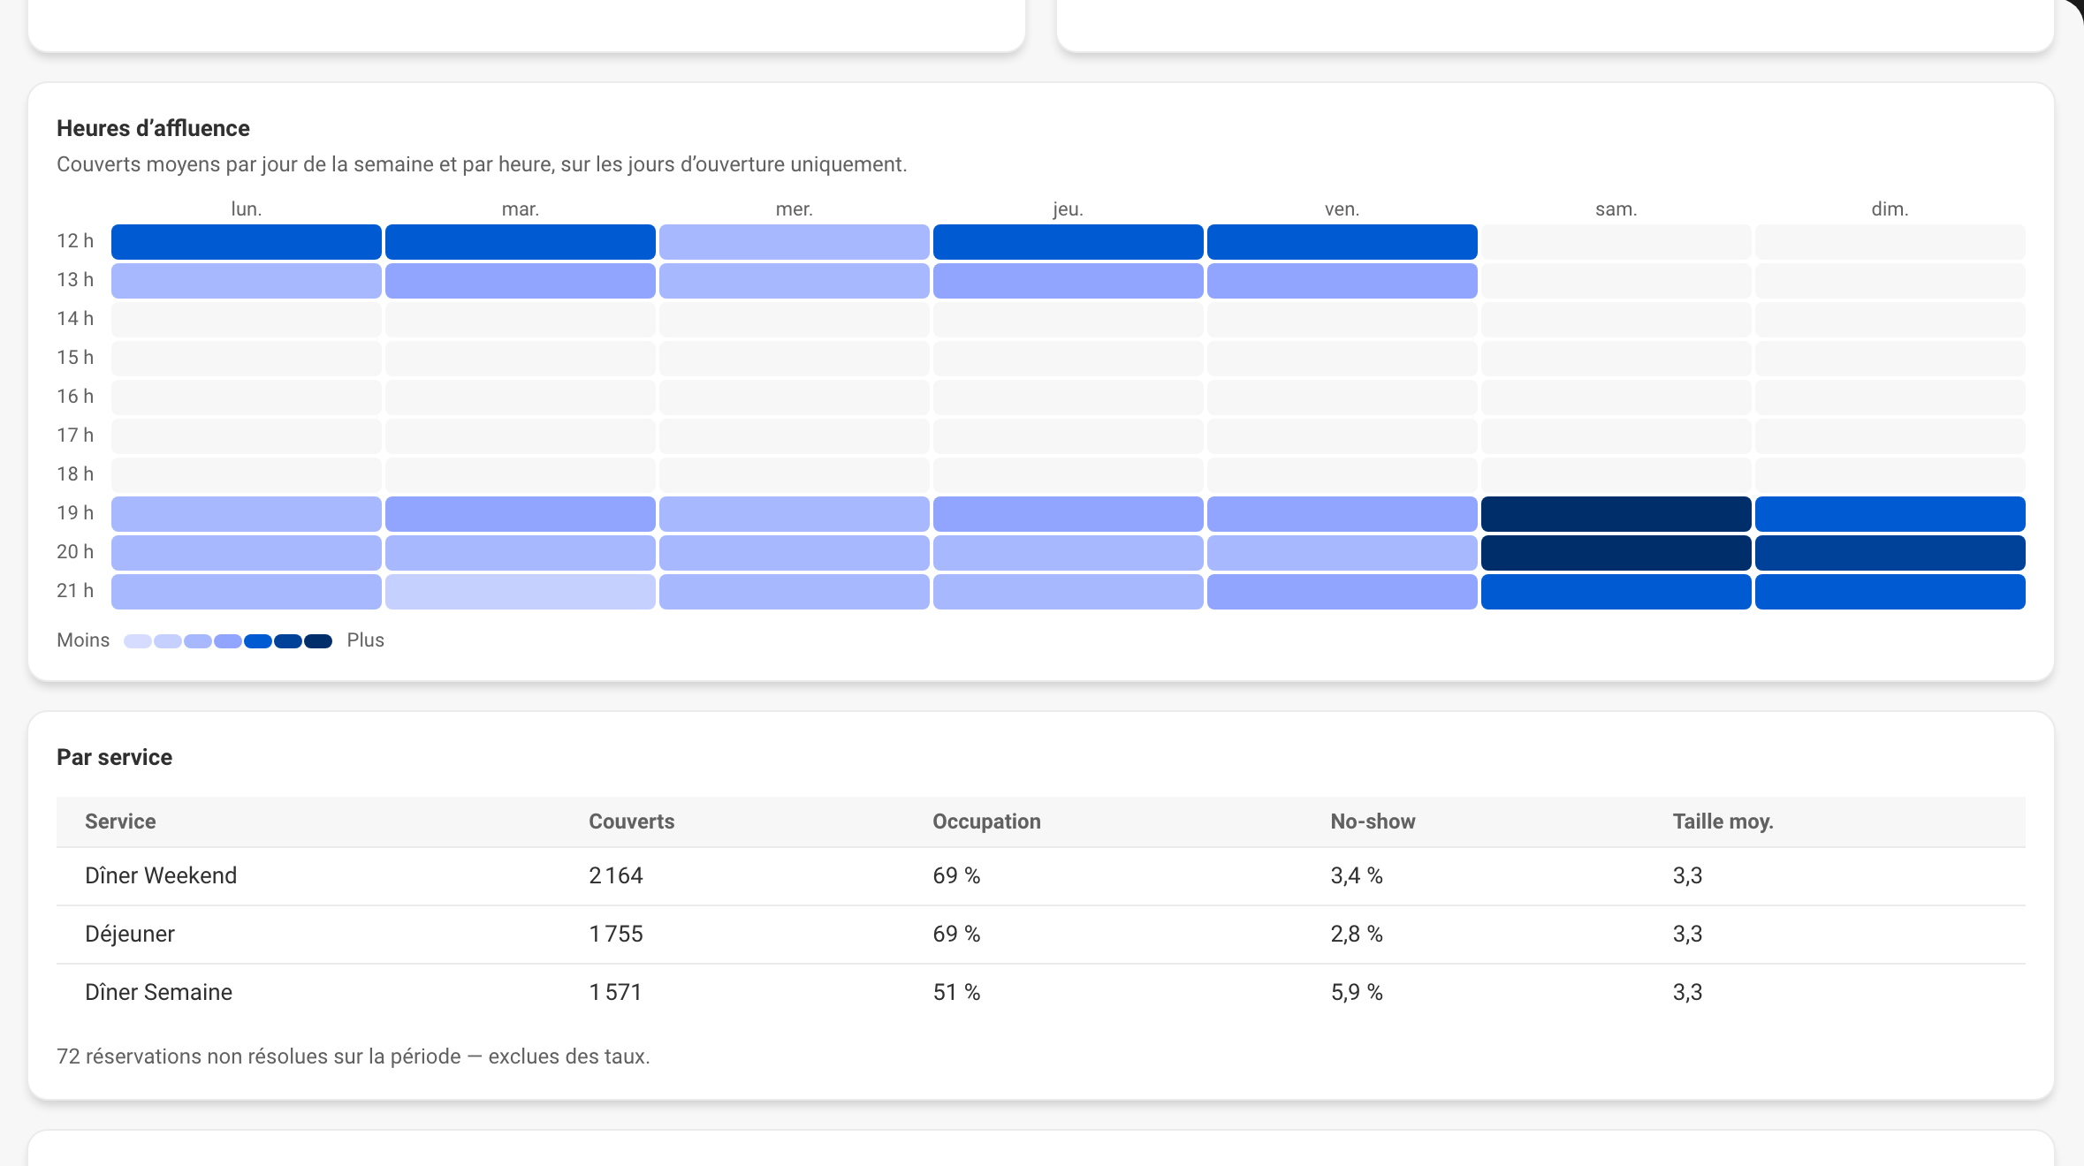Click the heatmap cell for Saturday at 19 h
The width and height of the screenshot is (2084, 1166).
tap(1616, 513)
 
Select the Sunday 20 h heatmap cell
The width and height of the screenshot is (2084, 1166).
tap(1890, 552)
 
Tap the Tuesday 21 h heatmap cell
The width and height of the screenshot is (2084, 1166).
tap(520, 591)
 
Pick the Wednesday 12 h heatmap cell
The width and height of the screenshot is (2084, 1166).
tap(794, 241)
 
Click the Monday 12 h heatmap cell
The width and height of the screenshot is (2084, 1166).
tap(246, 241)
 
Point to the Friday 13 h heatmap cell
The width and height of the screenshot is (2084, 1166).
tap(1342, 280)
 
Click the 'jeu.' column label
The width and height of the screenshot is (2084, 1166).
tap(1068, 209)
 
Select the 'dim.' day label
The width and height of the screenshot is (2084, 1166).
tap(1890, 209)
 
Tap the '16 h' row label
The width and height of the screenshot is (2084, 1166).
tap(75, 397)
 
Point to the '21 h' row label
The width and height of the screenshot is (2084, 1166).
tap(75, 591)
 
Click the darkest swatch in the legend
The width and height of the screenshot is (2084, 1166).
tap(318, 641)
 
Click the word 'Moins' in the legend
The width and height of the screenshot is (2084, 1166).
tap(83, 640)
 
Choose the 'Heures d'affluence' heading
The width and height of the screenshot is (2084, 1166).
tap(153, 128)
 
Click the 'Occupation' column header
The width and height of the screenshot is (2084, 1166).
tap(986, 821)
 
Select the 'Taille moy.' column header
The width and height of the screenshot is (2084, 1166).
tap(1723, 821)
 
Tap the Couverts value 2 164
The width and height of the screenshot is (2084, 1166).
tap(616, 875)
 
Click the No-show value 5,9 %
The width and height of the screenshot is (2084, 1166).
tap(1357, 992)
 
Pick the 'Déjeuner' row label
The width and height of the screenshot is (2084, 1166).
tap(130, 934)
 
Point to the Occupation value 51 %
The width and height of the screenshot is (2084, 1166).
tap(956, 992)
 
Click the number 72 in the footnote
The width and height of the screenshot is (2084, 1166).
tap(68, 1056)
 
